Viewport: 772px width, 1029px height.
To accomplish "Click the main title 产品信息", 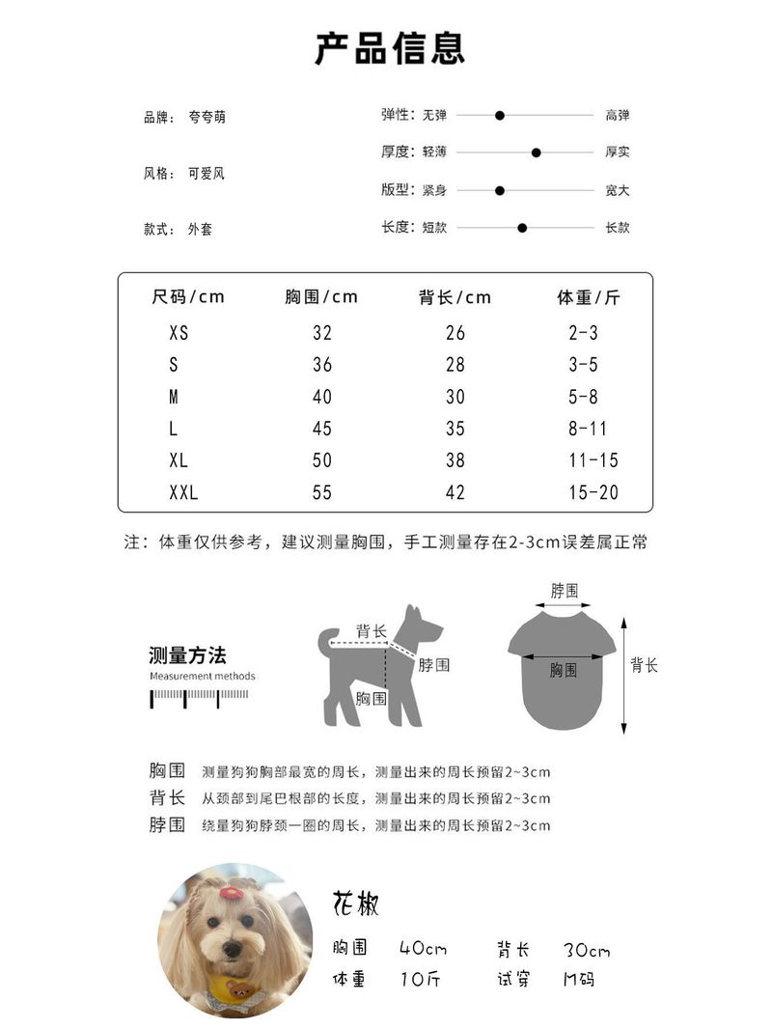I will (x=390, y=48).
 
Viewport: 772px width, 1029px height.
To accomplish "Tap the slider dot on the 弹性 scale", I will (x=500, y=116).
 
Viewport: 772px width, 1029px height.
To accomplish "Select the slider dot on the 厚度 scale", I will (x=537, y=153).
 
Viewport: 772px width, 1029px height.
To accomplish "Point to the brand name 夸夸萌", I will (x=207, y=118).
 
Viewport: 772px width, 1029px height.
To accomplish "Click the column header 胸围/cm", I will (x=321, y=297).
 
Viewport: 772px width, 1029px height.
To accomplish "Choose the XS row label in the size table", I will (x=179, y=333).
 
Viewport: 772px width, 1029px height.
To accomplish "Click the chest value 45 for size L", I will (x=322, y=429).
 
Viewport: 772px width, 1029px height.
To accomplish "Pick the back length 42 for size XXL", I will (x=455, y=493).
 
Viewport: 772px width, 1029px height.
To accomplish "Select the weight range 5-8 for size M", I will (x=583, y=397).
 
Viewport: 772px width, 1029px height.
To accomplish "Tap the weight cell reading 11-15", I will (x=593, y=461).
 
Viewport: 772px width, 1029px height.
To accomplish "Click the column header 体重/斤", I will (x=588, y=297).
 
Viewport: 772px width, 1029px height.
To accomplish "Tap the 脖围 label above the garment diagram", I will (x=565, y=591).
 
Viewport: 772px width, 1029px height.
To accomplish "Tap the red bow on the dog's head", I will (x=231, y=892).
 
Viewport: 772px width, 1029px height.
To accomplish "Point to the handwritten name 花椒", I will (x=356, y=904).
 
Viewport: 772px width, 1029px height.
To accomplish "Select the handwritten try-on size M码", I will (x=579, y=979).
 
